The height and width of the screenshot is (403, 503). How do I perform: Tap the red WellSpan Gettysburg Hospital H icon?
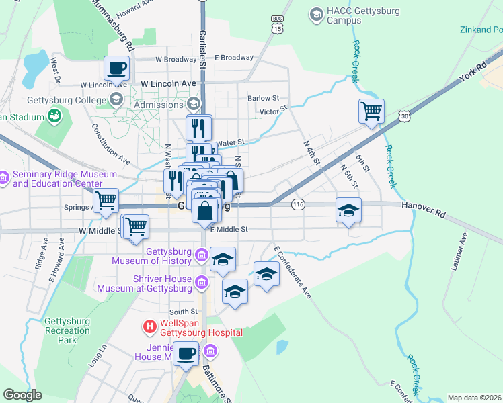(149, 327)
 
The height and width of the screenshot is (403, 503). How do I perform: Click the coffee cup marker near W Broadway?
(117, 67)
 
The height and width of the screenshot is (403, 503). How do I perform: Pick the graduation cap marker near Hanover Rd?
(348, 210)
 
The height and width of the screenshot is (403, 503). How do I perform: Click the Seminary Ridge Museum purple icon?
(5, 178)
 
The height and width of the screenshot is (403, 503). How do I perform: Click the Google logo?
(22, 395)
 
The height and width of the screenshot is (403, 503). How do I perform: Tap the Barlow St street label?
(263, 98)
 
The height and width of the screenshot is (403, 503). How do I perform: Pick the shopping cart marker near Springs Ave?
(106, 199)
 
